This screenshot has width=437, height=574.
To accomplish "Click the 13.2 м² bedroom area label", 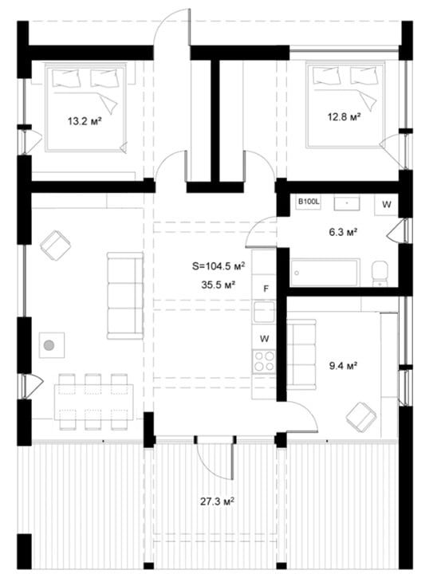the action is pos(85,121).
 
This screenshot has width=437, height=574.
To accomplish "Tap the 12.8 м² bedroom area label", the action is pos(344,116).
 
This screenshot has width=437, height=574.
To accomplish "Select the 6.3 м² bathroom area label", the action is pos(343,232).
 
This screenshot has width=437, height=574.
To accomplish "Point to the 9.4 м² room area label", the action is pos(343,366).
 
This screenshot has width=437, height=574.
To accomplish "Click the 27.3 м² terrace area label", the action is pos(217,501).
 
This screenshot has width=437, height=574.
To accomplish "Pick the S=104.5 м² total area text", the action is pos(218,266).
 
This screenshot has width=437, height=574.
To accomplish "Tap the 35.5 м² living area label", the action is pos(218,285).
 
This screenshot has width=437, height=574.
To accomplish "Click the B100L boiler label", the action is pos(309,202).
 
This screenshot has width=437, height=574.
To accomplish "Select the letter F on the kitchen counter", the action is pos(266,289).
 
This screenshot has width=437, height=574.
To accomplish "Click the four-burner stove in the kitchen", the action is pos(264,361).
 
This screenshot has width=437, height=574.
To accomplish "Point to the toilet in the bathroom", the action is pos(380,273).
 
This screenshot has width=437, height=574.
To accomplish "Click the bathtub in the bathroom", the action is pos(325,273).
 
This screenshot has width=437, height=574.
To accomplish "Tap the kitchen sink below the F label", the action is pos(264,312).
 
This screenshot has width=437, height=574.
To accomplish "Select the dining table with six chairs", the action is pos(94,402).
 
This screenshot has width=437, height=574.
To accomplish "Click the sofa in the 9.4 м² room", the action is pos(301,354).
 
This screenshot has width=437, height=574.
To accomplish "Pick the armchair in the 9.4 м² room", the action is pos(361,417).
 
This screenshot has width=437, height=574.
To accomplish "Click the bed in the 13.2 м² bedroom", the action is pos(85,107).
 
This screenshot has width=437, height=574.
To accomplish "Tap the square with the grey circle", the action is pos(52,345).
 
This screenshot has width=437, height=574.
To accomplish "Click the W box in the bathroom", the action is pos(386,205).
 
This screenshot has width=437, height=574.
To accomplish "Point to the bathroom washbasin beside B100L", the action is pos(347,202).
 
